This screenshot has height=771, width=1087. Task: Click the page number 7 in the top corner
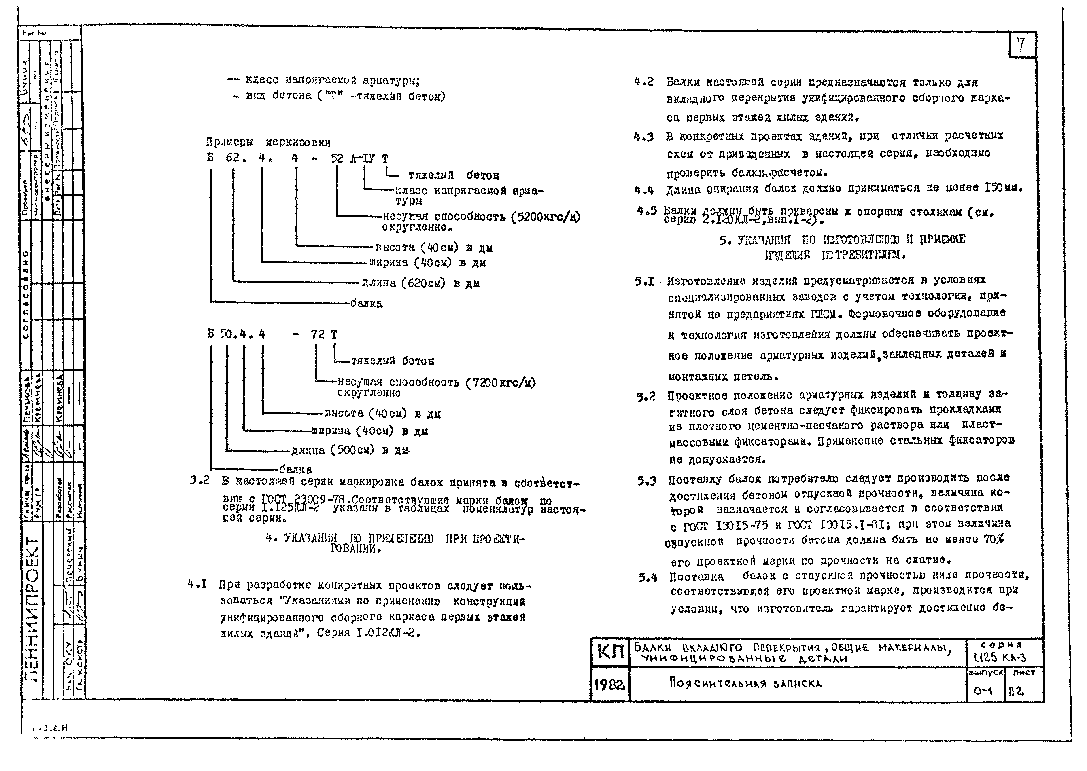point(1021,46)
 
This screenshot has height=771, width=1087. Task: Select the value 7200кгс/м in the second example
point(501,383)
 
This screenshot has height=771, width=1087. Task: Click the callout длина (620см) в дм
point(420,283)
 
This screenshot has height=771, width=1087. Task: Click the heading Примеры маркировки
point(268,142)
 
